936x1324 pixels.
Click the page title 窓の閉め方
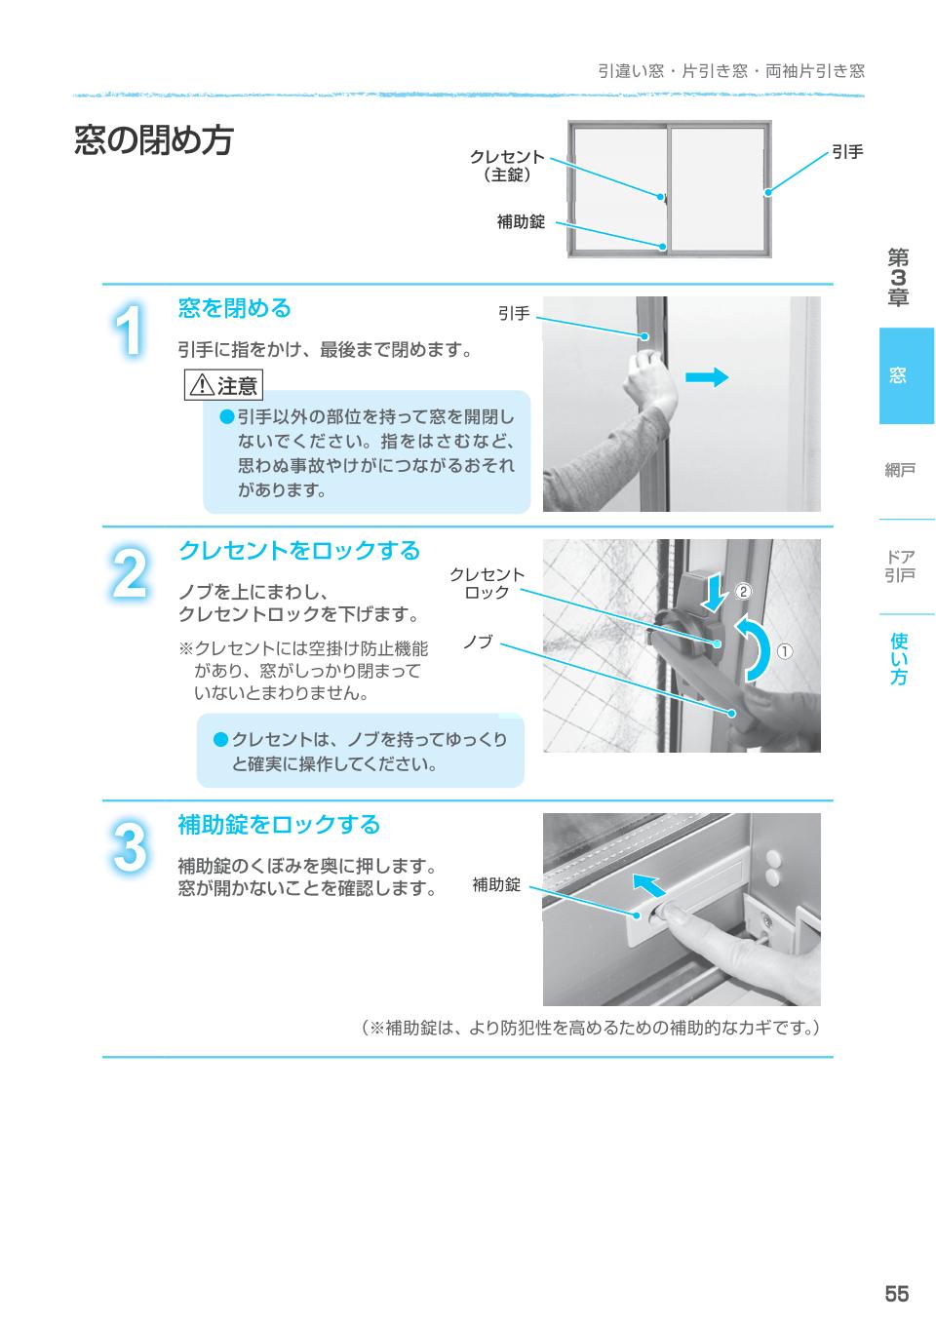pyautogui.click(x=154, y=140)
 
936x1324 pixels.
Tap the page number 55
pyautogui.click(x=896, y=1293)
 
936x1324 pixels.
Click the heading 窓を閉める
pyautogui.click(x=235, y=309)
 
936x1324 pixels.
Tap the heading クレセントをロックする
pyautogui.click(x=298, y=551)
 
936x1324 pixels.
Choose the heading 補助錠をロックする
pyautogui.click(x=279, y=825)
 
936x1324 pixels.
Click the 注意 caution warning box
pyautogui.click(x=223, y=385)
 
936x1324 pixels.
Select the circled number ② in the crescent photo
pyautogui.click(x=743, y=591)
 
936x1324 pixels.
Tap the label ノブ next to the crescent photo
pyautogui.click(x=478, y=642)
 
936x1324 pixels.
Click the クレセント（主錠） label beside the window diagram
pyautogui.click(x=507, y=166)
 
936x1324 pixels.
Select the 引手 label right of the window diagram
pyautogui.click(x=847, y=152)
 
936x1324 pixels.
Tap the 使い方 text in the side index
pyautogui.click(x=899, y=658)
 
